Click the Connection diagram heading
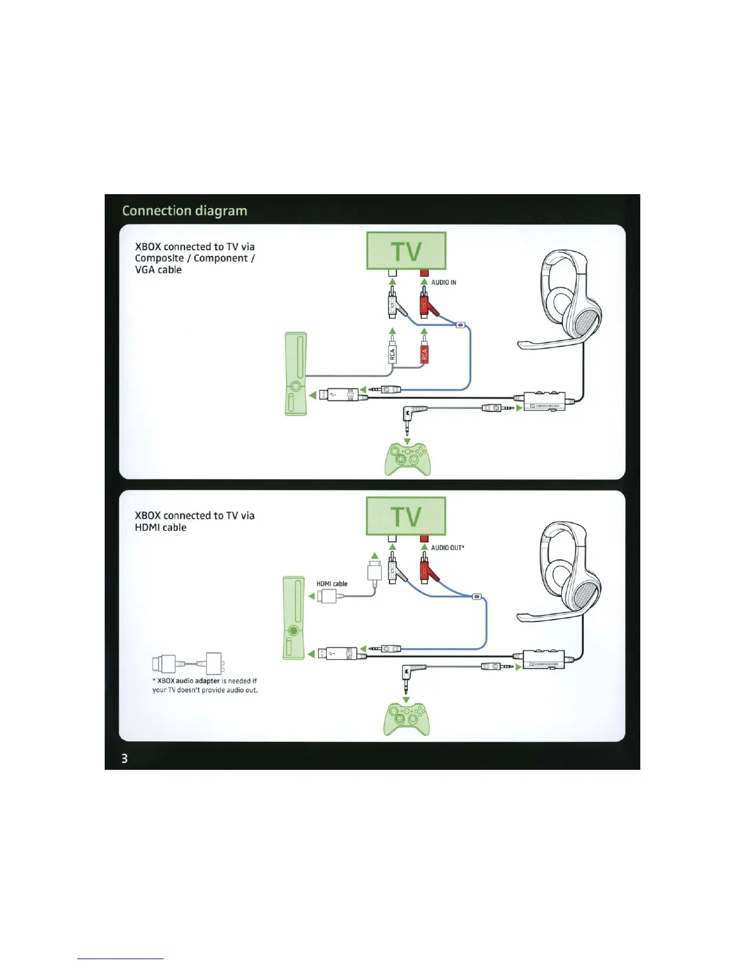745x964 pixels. [x=184, y=211]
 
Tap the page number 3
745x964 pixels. [x=125, y=758]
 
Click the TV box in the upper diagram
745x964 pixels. [x=406, y=251]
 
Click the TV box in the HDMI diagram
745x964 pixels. [x=406, y=516]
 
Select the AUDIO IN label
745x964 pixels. [x=444, y=282]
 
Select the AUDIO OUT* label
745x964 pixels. [x=447, y=548]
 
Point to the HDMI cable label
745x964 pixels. [x=332, y=584]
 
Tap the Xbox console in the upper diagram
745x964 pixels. [x=296, y=374]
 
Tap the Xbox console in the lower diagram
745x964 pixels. [x=294, y=618]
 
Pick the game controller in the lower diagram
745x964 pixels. [x=407, y=719]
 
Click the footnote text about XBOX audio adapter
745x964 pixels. [x=205, y=685]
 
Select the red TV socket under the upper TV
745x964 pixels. [x=424, y=273]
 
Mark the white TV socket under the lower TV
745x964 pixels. [x=393, y=538]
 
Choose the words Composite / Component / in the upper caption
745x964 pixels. [x=195, y=258]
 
